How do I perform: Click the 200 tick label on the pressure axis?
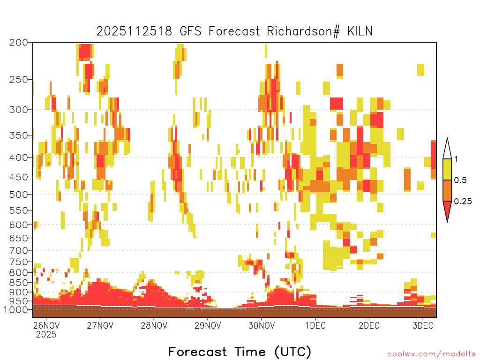coord(19,43)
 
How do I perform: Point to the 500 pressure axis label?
coord(19,195)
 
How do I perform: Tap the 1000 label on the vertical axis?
coord(16,309)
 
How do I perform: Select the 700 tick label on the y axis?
coord(19,250)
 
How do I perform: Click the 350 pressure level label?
coord(19,135)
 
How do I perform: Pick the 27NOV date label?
coord(100,325)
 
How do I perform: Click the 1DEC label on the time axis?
coord(315,325)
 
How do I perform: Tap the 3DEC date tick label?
coord(423,325)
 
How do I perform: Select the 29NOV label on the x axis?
coord(208,325)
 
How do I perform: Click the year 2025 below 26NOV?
coord(46,334)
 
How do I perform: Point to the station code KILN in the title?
coord(360,31)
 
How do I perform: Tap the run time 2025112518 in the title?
coord(135,31)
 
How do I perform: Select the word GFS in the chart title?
coord(190,31)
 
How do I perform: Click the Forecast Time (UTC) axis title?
coord(240,352)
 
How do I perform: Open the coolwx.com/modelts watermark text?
coord(431,354)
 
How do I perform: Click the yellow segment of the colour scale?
coord(447,169)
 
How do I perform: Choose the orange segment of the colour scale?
coord(447,190)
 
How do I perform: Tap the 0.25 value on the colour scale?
coord(463,201)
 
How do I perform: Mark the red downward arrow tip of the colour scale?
coord(447,222)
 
